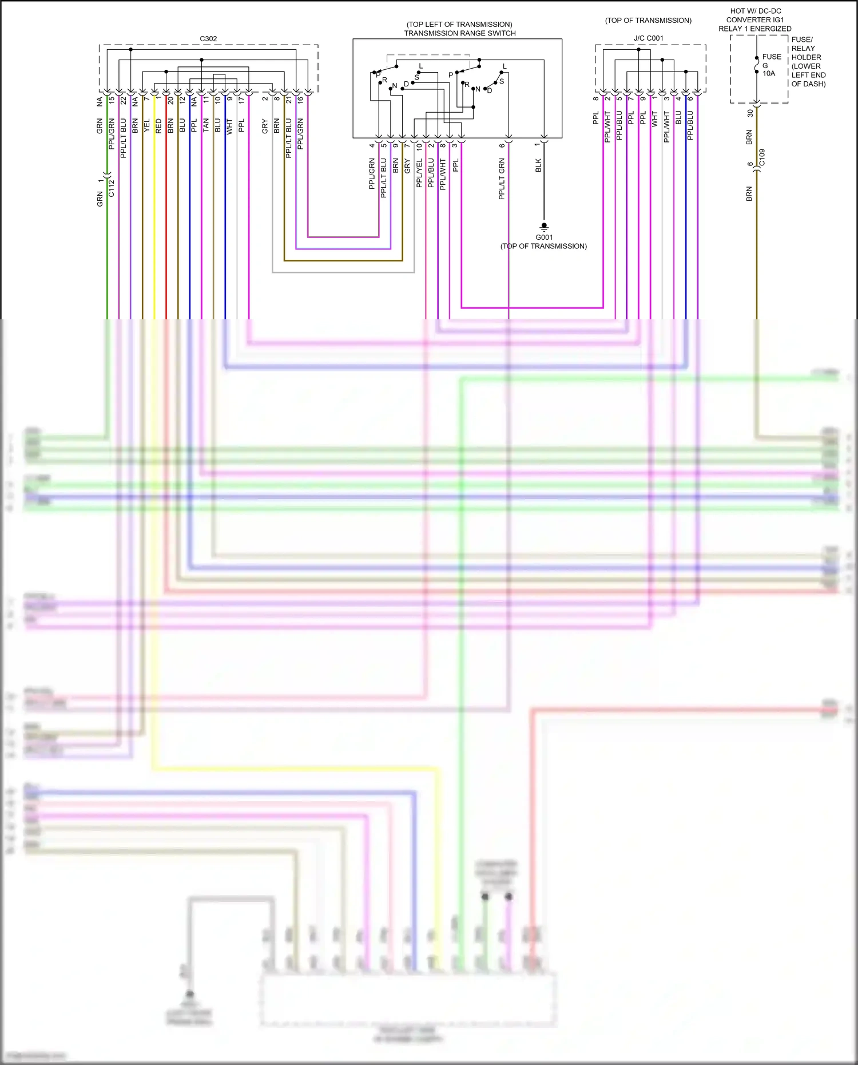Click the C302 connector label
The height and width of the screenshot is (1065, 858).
coord(208,39)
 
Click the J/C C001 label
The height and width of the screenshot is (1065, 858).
coord(649,38)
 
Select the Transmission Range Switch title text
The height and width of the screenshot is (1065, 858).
coord(460,33)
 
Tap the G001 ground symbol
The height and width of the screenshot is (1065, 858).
coord(544,227)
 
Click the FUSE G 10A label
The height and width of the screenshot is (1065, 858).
coord(770,65)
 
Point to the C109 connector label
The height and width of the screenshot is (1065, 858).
coord(762,157)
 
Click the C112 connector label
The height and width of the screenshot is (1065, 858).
coord(112,188)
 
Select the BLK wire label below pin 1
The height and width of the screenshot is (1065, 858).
coord(538,166)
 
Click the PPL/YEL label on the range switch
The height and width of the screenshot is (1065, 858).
coord(419,173)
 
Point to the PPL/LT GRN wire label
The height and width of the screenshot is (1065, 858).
coord(502,179)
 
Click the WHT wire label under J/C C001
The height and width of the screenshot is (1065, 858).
coord(655,119)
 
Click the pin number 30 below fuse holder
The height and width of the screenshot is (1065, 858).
coord(750,113)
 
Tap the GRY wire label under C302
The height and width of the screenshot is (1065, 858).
coord(265,126)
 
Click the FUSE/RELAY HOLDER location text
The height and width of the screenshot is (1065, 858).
coord(808,62)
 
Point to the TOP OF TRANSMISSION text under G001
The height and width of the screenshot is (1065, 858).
coord(543,246)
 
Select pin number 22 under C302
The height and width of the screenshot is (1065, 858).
coord(123,100)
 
